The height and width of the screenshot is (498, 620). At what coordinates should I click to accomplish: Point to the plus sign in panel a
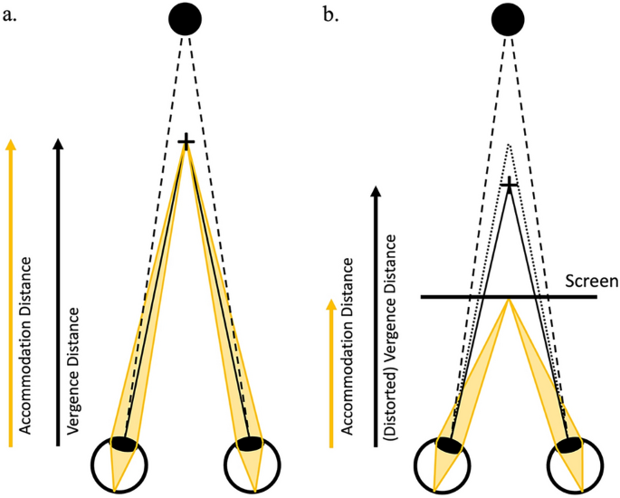click(186, 142)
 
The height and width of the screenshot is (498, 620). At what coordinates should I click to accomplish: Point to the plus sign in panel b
click(510, 186)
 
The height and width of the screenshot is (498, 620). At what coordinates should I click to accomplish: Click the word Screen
click(589, 282)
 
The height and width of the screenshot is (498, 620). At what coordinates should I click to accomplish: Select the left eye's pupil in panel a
click(124, 443)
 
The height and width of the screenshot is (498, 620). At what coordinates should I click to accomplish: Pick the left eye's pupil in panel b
click(448, 445)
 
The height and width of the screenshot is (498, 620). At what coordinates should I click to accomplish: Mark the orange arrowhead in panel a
click(11, 143)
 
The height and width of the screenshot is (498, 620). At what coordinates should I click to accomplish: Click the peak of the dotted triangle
click(510, 144)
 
